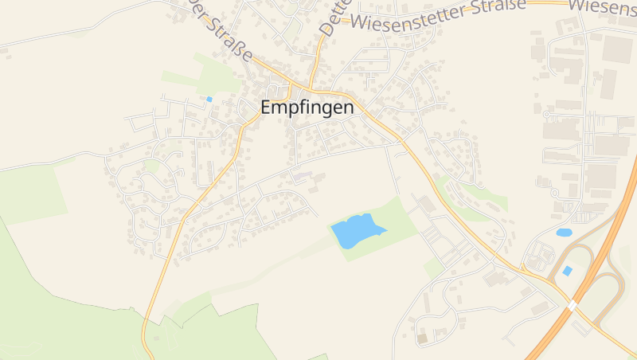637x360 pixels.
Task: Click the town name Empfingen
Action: coord(307,108)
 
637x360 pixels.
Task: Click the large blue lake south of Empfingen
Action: coord(356,232)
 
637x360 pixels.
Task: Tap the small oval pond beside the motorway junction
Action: coord(564,233)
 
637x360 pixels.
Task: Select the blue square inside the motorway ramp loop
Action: coord(567,271)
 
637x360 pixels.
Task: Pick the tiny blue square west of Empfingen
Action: coord(209,99)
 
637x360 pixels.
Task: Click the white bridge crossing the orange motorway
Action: coord(572,305)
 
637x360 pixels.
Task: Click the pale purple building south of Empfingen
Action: coord(304,173)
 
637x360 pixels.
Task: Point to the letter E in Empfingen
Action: coord(268,108)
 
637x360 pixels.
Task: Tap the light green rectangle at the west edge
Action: coord(32,195)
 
